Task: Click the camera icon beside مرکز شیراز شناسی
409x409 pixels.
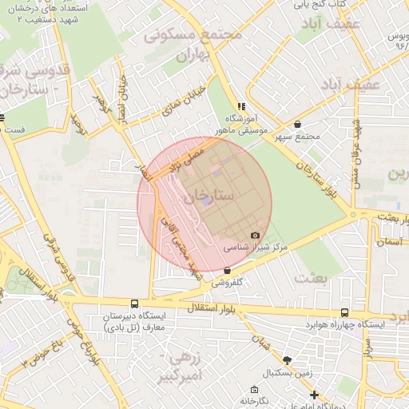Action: tap(255, 235)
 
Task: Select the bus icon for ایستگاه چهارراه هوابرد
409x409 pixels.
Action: tap(344, 313)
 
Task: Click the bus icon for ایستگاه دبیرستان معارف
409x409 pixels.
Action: tap(134, 304)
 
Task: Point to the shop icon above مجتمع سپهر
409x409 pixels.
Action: tap(298, 125)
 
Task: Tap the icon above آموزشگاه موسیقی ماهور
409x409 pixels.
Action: tap(240, 106)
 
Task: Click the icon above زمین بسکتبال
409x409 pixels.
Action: tap(287, 361)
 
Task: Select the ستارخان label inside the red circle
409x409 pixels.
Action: tap(208, 194)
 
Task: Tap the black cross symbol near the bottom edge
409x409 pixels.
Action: tap(315, 395)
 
